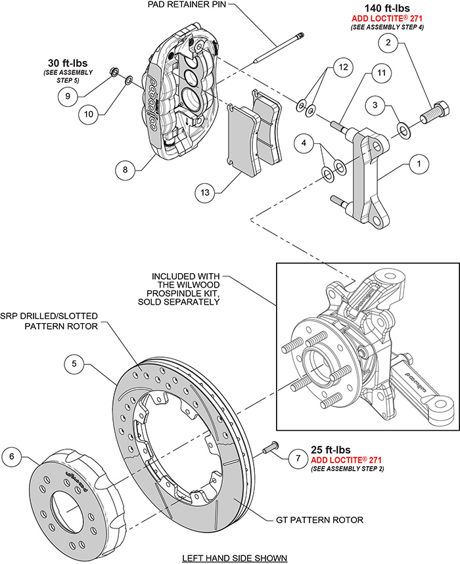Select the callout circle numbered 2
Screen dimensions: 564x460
pyautogui.click(x=388, y=44)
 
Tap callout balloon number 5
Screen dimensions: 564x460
pyautogui.click(x=76, y=363)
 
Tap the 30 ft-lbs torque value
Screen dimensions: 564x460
pyautogui.click(x=68, y=57)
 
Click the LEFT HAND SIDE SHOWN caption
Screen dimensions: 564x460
pyautogui.click(x=235, y=557)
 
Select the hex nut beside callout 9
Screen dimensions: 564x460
pyautogui.click(x=114, y=72)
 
